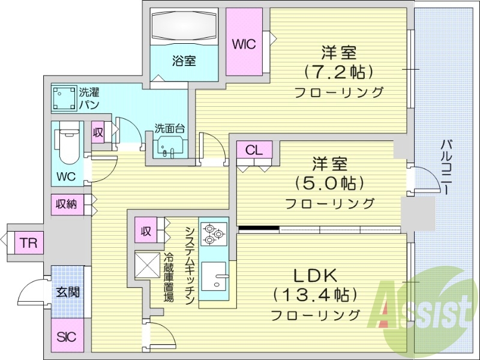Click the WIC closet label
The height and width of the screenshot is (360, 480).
click(x=244, y=44)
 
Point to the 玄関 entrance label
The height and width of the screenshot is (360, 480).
click(x=66, y=293)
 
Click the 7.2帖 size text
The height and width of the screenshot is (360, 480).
click(x=339, y=72)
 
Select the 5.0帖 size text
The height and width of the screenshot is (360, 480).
click(x=330, y=182)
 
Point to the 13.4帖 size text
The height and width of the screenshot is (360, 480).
click(x=316, y=295)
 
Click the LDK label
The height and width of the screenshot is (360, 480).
click(x=315, y=275)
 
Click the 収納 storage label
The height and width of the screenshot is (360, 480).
click(x=67, y=204)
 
